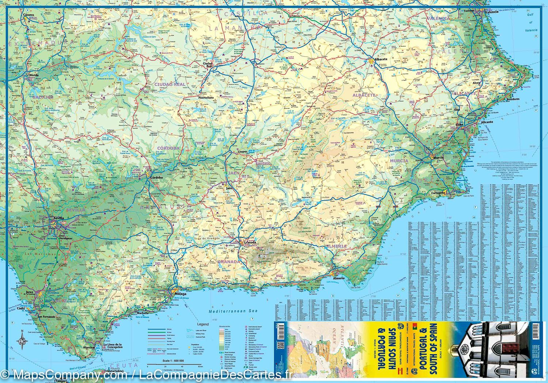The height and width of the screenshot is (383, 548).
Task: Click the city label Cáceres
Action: click(x=28, y=15)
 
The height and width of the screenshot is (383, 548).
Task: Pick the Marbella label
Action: click(x=142, y=313)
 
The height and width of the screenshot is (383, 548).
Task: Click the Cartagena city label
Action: click(x=438, y=193)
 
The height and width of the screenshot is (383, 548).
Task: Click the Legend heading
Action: click(x=203, y=324)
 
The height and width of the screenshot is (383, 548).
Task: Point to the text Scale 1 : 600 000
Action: click(x=171, y=360)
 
